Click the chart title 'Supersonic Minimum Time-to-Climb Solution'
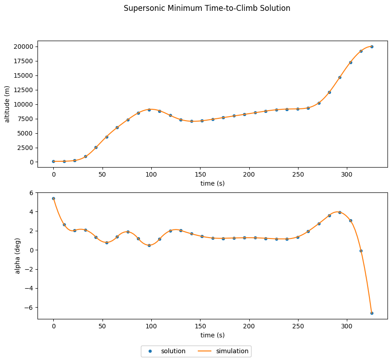[207, 8]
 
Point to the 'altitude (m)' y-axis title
[7, 104]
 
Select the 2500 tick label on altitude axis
[26, 148]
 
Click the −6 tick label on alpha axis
[29, 307]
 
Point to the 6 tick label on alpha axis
[32, 193]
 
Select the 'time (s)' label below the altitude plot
[213, 183]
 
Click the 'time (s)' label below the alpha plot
[213, 335]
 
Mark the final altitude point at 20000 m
[372, 47]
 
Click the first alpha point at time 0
[53, 198]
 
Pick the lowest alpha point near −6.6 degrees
[372, 313]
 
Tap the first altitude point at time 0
[53, 161]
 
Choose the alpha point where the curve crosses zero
[361, 251]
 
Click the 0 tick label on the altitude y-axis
[32, 162]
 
